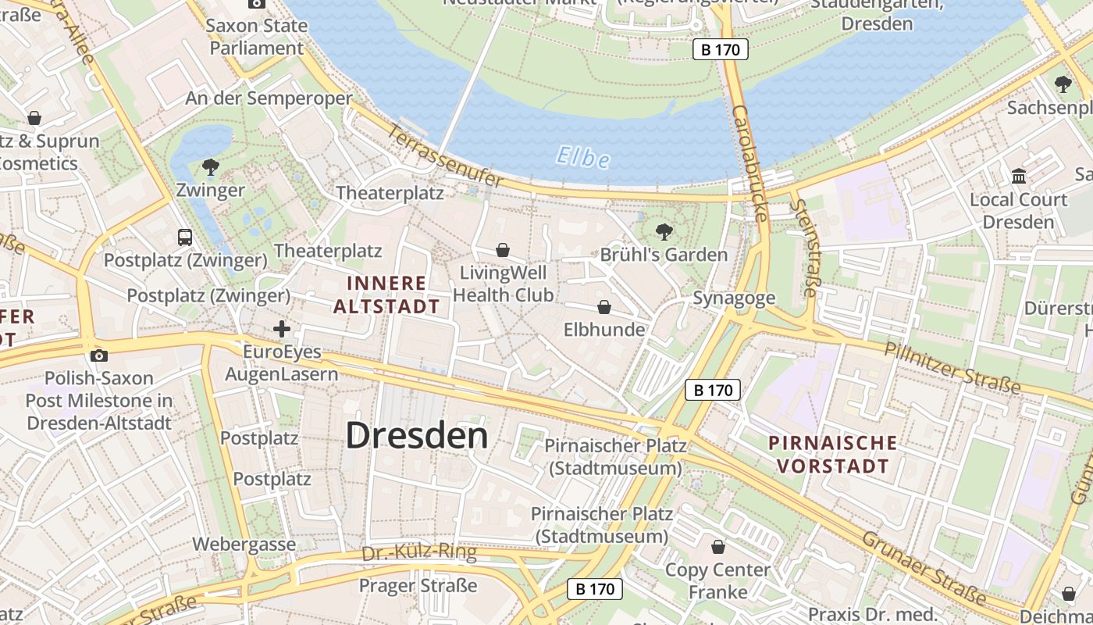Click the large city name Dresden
tap(417, 435)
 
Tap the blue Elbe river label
tap(582, 158)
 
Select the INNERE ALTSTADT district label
tap(387, 295)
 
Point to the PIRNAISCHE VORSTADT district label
tap(832, 455)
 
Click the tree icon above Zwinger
tap(210, 166)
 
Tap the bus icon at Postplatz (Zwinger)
tap(185, 237)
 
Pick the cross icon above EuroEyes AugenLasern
tap(282, 329)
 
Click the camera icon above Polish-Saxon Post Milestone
tap(98, 355)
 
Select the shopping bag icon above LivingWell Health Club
tap(504, 250)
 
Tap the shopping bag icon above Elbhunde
tap(604, 307)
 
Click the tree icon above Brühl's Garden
tap(664, 231)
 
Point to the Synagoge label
tap(734, 298)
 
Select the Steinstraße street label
tap(804, 248)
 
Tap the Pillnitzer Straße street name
tap(952, 367)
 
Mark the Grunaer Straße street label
tap(923, 569)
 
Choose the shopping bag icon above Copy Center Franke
tap(717, 547)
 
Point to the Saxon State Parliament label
tap(256, 37)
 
